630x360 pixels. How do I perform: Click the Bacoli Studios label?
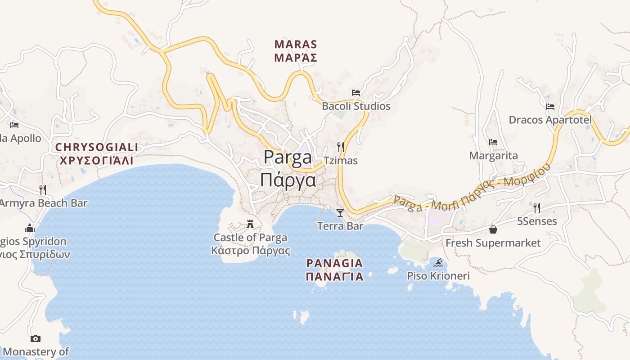point(356,106)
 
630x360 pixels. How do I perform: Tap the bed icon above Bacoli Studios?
point(356,93)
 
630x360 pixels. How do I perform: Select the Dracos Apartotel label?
point(550,120)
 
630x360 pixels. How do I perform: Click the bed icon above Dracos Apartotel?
point(550,107)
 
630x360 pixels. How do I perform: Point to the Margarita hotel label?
point(493,156)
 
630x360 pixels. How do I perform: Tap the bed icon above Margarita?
point(493,142)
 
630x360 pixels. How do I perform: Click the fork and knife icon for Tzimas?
point(341,147)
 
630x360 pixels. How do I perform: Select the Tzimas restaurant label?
point(341,161)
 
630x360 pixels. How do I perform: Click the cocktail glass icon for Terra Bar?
point(340,212)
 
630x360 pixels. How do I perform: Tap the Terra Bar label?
point(340,226)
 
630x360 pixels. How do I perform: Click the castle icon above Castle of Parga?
point(250,224)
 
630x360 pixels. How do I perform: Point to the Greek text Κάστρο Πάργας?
point(251,251)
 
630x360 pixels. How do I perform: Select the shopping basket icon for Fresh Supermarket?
point(493,229)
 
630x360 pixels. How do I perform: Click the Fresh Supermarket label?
point(493,243)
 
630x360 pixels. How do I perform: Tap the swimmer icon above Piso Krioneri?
point(438,262)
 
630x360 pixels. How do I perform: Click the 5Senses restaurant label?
point(537,221)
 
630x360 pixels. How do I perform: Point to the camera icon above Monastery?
point(36,338)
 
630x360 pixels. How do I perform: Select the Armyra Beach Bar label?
point(43,203)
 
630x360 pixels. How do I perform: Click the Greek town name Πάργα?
point(288,180)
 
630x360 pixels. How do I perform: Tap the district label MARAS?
point(296,45)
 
